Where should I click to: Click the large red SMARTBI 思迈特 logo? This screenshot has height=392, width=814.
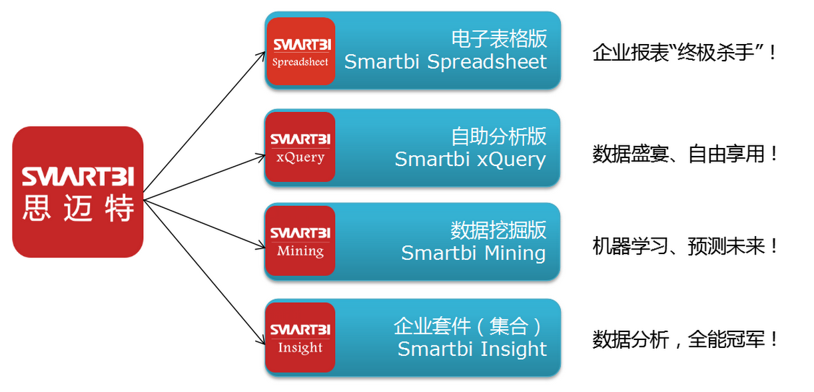(78, 192)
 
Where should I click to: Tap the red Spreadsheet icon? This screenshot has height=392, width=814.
(300, 51)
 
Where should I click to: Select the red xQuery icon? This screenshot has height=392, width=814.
(300, 147)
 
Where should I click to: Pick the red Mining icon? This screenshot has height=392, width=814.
(300, 241)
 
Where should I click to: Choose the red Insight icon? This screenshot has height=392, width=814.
(300, 337)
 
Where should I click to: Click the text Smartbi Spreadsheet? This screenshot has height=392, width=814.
(446, 62)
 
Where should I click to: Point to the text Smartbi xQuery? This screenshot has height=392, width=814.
(470, 159)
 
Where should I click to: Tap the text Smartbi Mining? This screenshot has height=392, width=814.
(474, 253)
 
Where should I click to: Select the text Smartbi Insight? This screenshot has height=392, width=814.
(472, 349)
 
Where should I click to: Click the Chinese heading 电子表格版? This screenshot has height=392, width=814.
(499, 39)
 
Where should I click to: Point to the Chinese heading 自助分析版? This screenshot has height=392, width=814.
(498, 137)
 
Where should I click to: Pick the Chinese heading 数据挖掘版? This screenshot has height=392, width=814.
(498, 230)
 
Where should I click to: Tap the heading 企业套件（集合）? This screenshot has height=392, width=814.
(469, 326)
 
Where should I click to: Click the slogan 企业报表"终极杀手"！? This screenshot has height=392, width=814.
(684, 53)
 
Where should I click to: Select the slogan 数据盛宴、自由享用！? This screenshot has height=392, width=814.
(685, 154)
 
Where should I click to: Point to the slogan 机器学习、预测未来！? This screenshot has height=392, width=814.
(685, 246)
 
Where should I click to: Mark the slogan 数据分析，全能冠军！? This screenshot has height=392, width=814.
(685, 339)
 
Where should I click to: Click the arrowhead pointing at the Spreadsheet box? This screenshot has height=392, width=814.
(262, 56)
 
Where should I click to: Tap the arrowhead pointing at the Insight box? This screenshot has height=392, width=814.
(261, 340)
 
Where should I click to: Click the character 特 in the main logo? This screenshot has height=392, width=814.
(119, 207)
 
